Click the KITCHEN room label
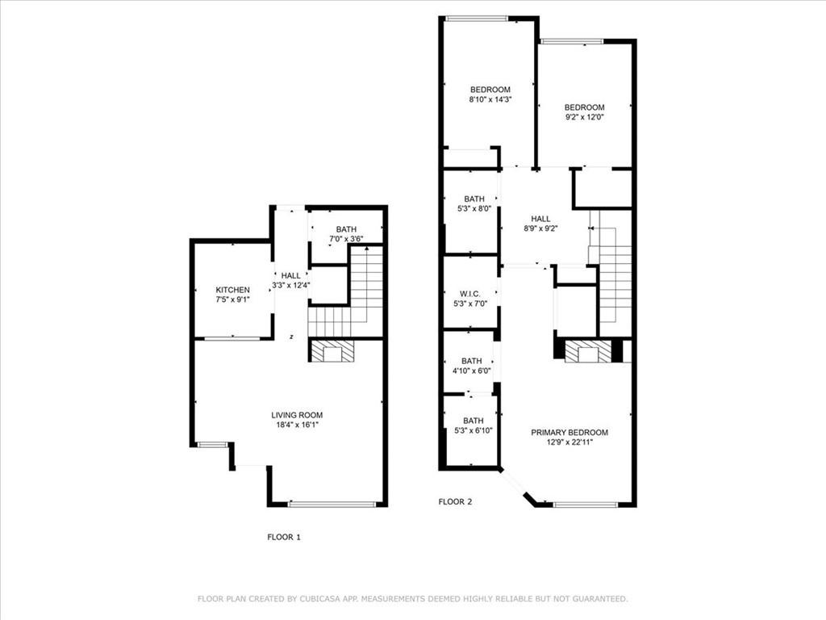click(x=232, y=290)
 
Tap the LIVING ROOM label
click(x=297, y=415)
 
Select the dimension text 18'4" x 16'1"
click(x=297, y=425)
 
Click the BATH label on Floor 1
click(x=346, y=229)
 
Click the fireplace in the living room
click(x=332, y=351)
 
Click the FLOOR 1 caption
click(x=284, y=536)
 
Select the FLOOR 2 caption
click(x=455, y=501)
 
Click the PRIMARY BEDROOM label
click(x=569, y=433)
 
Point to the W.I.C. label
click(x=470, y=293)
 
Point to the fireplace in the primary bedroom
click(x=587, y=352)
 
